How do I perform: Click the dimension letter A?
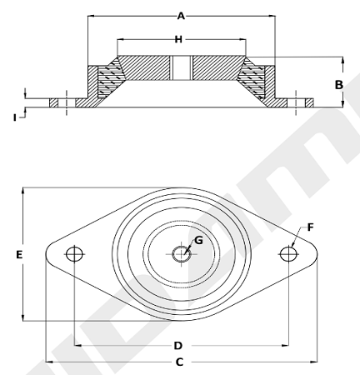coord(181,16)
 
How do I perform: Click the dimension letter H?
coord(178,39)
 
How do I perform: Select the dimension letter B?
coord(338,85)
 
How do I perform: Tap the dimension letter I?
coord(14,117)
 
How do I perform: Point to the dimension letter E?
coord(19,254)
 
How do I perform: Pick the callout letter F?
coord(310,227)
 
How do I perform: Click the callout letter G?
coord(198,240)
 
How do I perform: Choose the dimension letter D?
coord(178,346)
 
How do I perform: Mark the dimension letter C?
coord(179,362)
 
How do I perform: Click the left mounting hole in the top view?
coord(74,253)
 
